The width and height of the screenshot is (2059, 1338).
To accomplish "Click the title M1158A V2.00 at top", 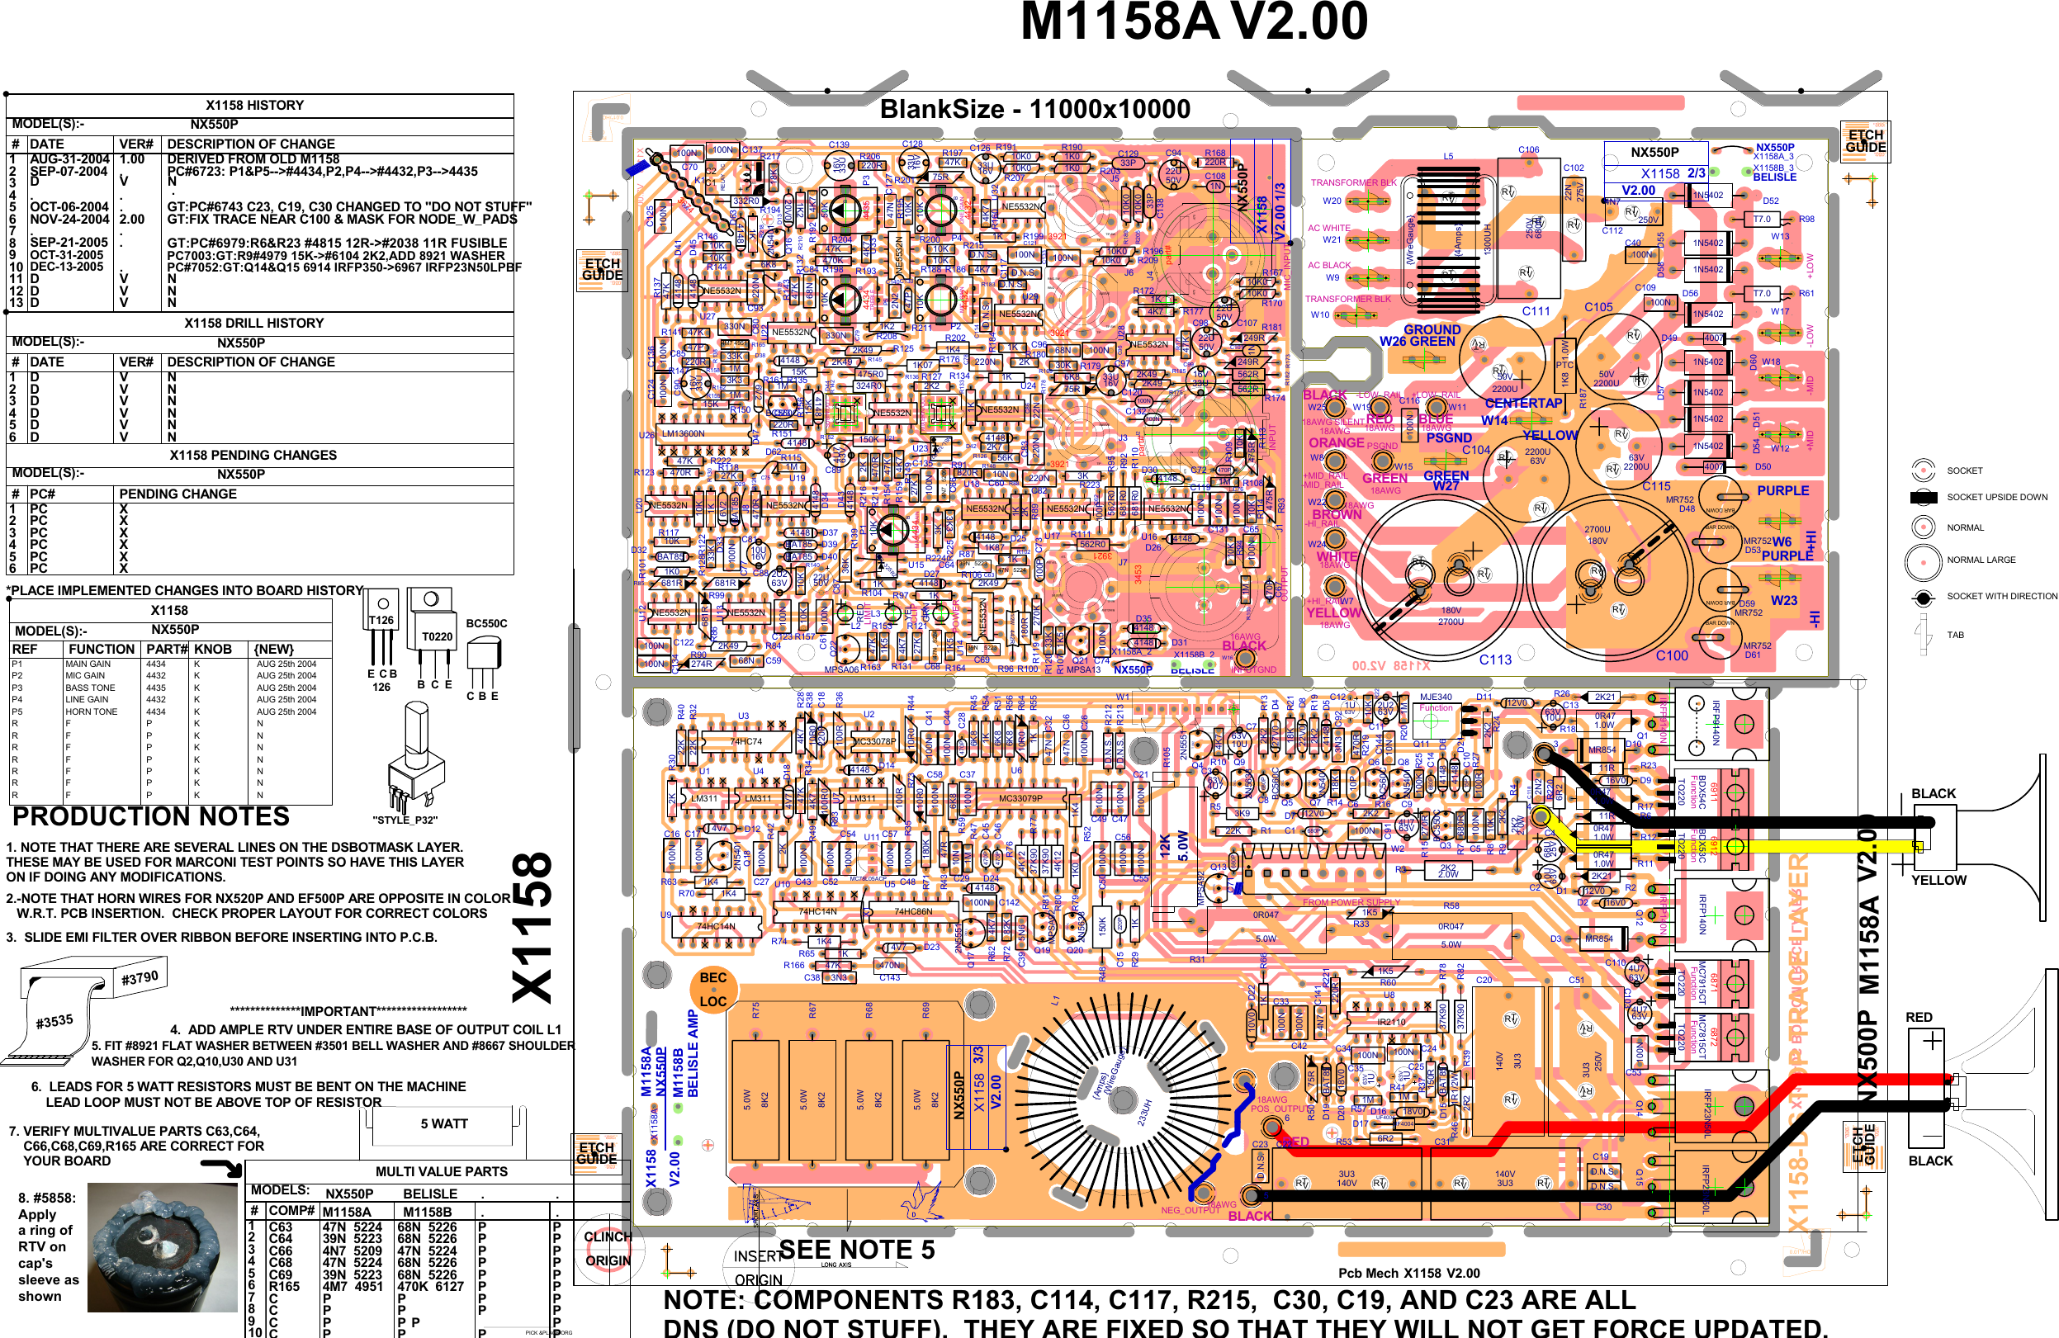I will pyautogui.click(x=1194, y=21).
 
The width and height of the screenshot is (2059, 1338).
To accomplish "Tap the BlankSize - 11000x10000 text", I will pyautogui.click(x=1034, y=109).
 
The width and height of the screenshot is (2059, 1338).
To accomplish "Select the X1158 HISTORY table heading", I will pyautogui.click(x=254, y=105).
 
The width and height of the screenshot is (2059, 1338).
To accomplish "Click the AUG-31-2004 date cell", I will pyautogui.click(x=69, y=159).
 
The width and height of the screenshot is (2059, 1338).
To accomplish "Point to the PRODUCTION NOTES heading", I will pyautogui.click(x=150, y=816).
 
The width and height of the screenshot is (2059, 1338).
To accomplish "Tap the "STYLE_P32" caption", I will pyautogui.click(x=405, y=820).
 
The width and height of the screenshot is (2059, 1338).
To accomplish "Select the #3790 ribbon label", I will pyautogui.click(x=140, y=977).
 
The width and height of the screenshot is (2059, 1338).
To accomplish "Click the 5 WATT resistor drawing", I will pyautogui.click(x=444, y=1123).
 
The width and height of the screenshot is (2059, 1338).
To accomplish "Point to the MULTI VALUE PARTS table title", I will pyautogui.click(x=441, y=1171).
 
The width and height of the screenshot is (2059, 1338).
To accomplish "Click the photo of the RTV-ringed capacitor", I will pyautogui.click(x=162, y=1247).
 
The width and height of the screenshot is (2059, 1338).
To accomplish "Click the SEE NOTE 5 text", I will pyautogui.click(x=856, y=1250).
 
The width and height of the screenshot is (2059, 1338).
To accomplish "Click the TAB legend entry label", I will pyautogui.click(x=1955, y=635).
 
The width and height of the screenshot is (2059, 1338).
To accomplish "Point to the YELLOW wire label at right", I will pyautogui.click(x=1938, y=881).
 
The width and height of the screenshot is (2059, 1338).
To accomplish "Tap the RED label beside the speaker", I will pyautogui.click(x=1919, y=1017).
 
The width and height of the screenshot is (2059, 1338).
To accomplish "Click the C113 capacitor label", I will pyautogui.click(x=1495, y=660).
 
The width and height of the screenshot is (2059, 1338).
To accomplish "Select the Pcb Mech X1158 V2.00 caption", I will pyautogui.click(x=1408, y=1273).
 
